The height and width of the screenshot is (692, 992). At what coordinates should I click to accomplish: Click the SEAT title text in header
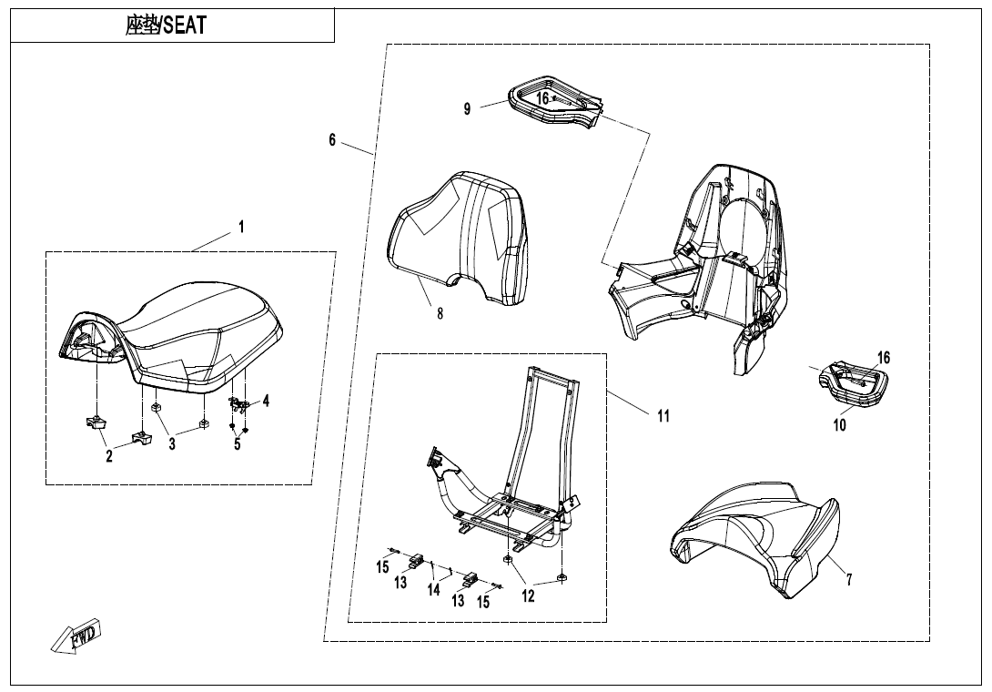(x=166, y=26)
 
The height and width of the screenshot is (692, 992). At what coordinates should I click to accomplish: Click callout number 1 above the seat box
(x=241, y=228)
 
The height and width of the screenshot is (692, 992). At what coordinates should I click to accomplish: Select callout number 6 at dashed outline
(x=333, y=139)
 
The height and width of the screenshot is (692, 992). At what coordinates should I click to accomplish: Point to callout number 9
(x=467, y=109)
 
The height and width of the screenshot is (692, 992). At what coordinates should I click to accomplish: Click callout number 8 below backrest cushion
(x=440, y=313)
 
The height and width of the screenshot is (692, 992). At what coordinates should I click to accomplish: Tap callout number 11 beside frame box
(x=663, y=415)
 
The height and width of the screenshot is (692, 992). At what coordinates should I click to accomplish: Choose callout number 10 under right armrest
(x=840, y=424)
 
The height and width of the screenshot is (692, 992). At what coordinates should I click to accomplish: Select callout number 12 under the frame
(x=528, y=596)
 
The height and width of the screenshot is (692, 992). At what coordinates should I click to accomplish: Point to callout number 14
(x=434, y=589)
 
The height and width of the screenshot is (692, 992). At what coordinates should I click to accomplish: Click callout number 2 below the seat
(x=109, y=456)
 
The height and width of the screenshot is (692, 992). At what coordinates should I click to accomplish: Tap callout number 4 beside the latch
(x=266, y=400)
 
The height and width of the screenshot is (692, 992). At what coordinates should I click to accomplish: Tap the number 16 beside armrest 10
(x=884, y=358)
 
